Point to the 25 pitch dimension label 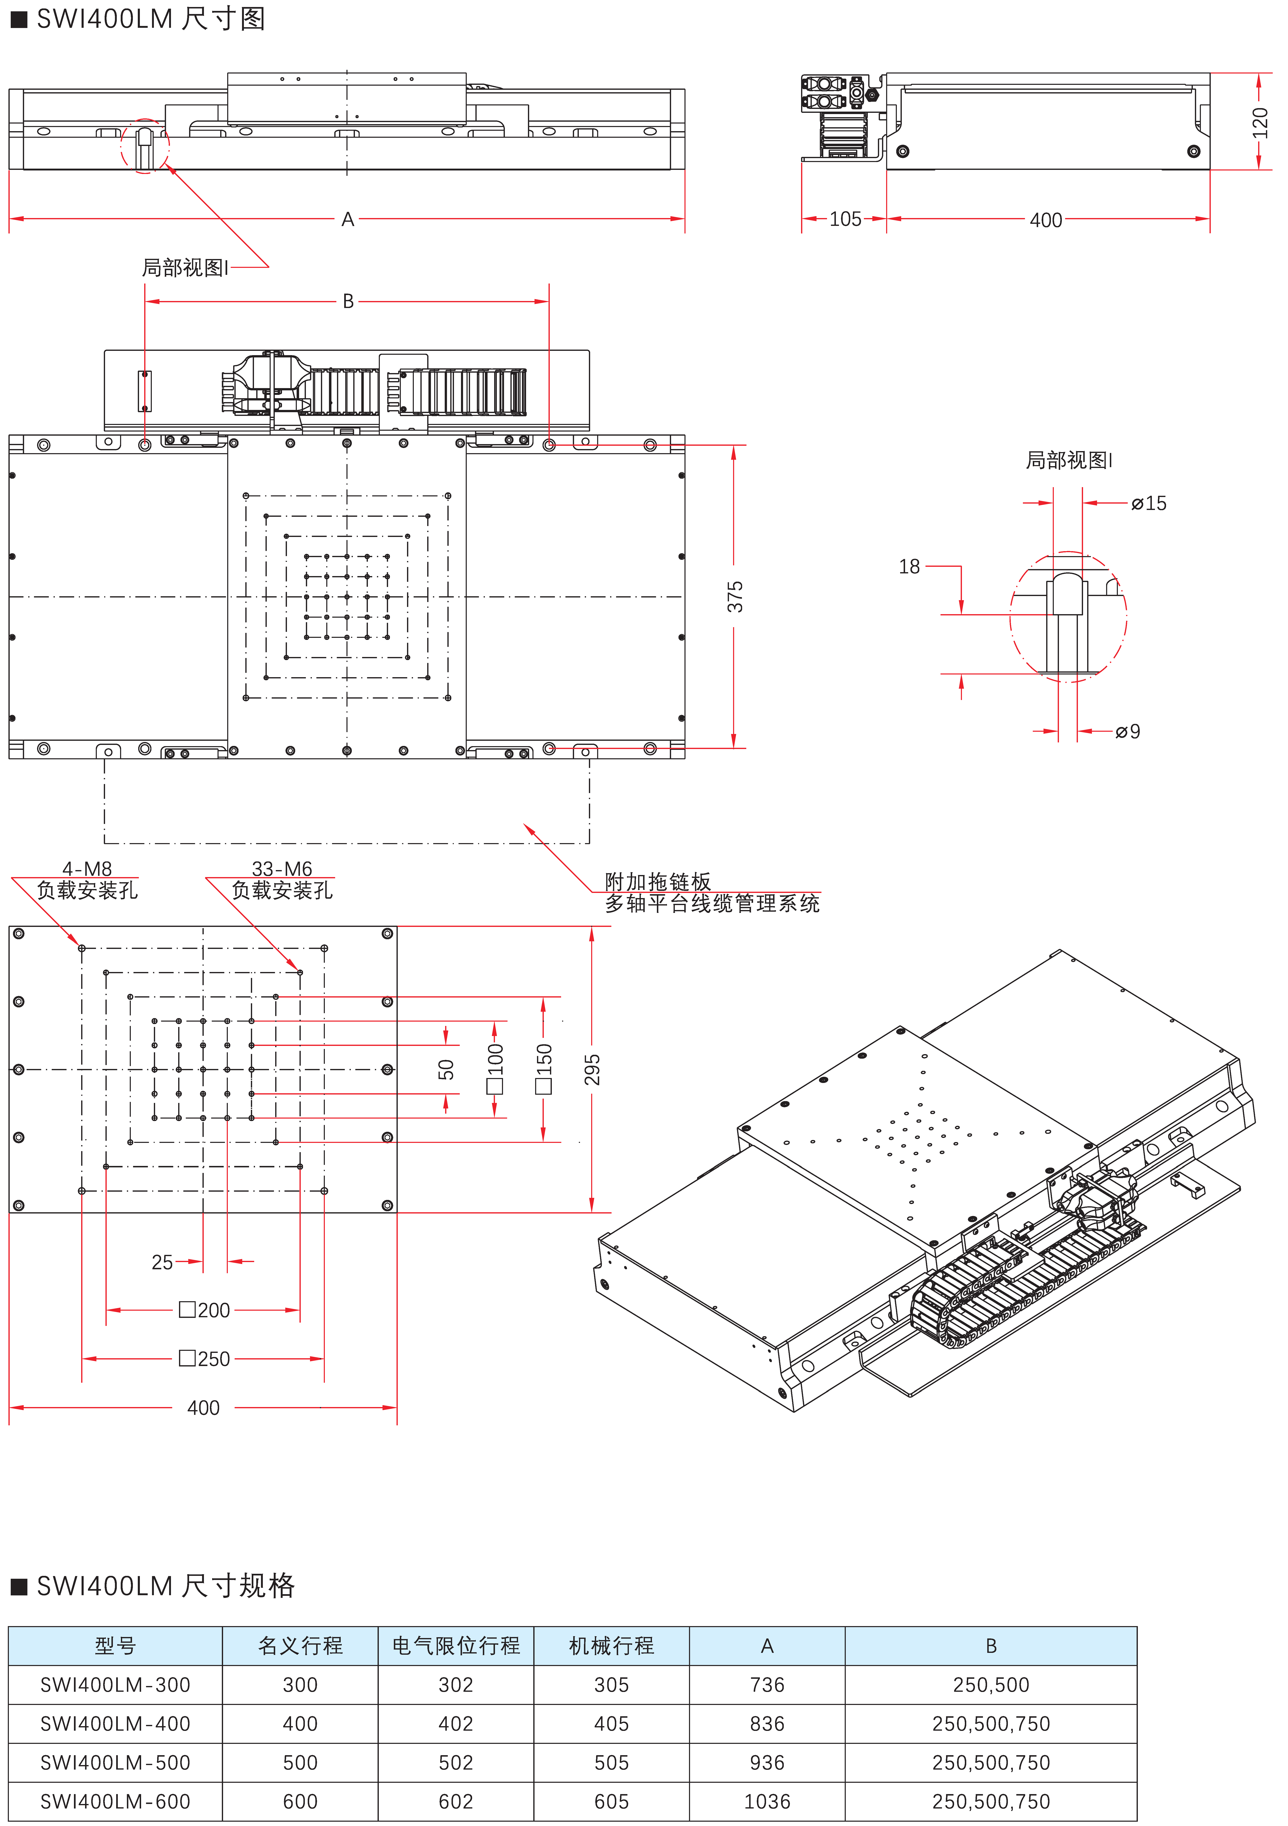[x=162, y=1262]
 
